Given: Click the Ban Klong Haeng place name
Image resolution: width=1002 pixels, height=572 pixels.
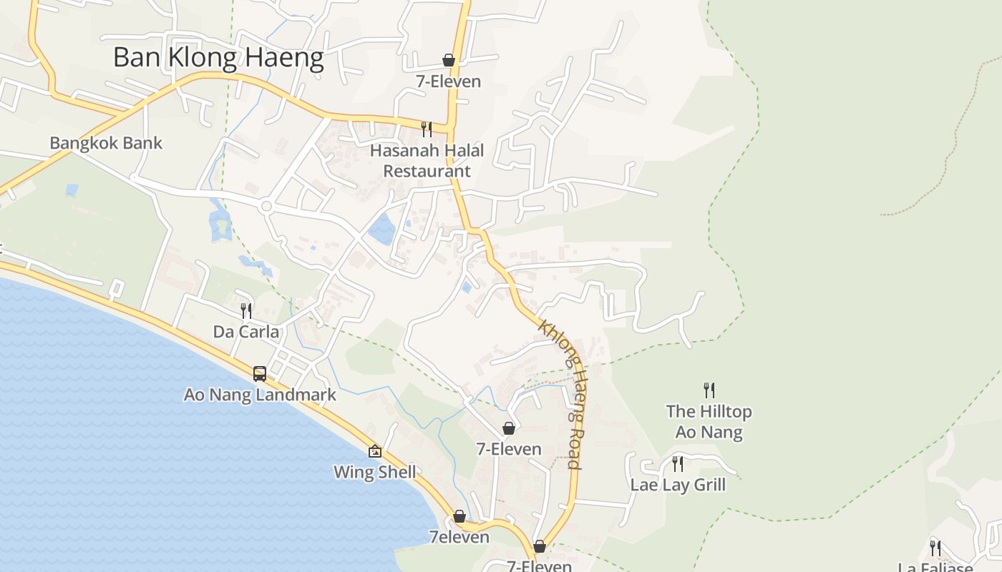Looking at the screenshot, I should click(x=218, y=57).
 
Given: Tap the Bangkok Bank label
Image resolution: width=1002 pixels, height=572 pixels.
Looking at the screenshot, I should click(x=106, y=143).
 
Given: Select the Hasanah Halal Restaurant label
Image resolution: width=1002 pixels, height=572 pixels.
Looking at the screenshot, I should click(x=427, y=161).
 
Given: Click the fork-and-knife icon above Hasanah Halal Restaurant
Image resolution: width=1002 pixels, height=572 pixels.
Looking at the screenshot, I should click(x=427, y=129).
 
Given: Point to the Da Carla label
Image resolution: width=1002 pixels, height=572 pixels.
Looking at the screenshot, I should click(x=246, y=332).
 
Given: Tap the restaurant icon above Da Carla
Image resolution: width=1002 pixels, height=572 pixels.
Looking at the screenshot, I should click(x=246, y=311).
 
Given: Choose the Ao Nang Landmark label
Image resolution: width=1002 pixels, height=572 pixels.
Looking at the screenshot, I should click(x=260, y=395).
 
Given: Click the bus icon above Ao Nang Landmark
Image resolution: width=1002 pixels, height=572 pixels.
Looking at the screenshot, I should click(x=260, y=373).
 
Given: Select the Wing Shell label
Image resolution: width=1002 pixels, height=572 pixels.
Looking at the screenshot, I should click(x=374, y=473).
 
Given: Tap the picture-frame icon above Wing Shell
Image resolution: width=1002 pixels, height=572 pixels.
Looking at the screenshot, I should click(x=374, y=451).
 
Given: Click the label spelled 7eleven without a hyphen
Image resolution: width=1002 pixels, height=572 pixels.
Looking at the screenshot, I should click(x=459, y=537).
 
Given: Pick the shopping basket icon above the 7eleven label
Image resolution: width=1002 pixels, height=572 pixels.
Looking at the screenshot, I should click(x=459, y=516).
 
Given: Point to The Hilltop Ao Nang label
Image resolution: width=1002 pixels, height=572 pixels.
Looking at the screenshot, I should click(x=709, y=422).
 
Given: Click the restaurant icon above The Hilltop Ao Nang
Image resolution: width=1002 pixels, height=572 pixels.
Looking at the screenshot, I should click(x=709, y=390).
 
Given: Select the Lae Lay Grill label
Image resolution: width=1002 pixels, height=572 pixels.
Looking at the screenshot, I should click(x=677, y=485).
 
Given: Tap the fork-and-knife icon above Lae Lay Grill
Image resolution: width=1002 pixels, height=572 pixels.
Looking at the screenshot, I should click(x=677, y=464).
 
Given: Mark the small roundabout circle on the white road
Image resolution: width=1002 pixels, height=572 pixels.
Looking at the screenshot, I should click(x=266, y=206).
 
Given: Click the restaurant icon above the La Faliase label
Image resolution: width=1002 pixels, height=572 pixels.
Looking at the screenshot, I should click(x=935, y=548).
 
